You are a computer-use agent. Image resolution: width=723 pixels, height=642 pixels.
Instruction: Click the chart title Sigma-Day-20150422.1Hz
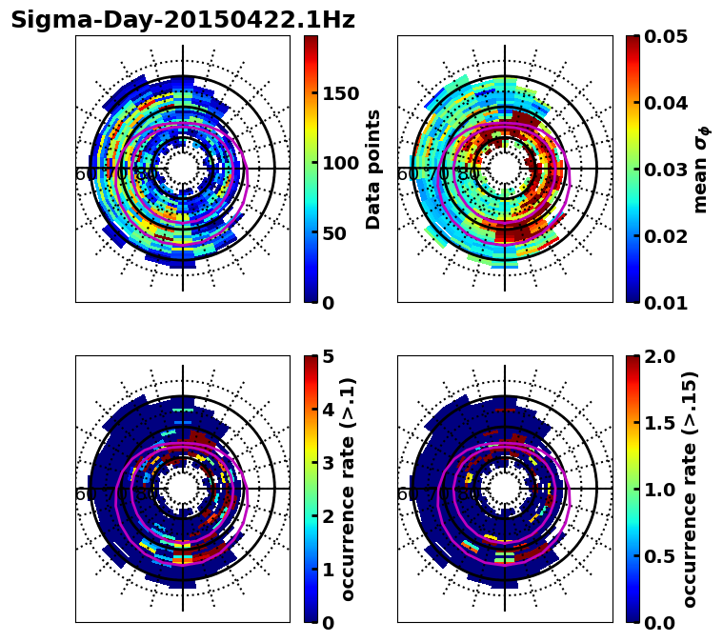point(182,20)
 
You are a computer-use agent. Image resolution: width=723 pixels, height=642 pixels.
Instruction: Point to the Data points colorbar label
point(373,169)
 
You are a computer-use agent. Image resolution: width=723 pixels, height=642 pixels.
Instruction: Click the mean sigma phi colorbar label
point(701,170)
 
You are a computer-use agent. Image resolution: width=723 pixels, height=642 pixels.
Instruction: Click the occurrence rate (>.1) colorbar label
point(349,490)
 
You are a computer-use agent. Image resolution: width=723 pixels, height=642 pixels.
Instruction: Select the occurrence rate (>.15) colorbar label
point(690,490)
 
